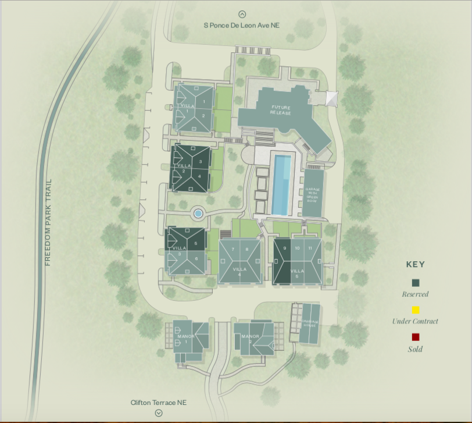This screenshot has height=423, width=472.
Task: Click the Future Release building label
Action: pos(280,109)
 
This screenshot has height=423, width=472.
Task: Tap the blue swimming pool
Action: pos(283,184)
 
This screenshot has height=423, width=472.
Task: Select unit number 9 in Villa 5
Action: pos(285,248)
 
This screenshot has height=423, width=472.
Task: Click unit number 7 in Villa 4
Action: pos(233,249)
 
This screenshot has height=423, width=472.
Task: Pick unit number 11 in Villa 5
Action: pos(310,248)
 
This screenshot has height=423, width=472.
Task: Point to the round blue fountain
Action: pos(198,214)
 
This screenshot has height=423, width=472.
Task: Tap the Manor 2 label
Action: pos(251,339)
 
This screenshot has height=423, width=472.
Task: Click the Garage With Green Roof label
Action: pos(314,194)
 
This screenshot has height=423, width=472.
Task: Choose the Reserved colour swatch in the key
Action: pos(416,283)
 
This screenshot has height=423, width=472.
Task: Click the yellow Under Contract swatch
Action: pos(416,310)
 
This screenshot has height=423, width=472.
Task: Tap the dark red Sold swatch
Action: pos(416,337)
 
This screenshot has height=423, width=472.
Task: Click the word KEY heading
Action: pos(416,264)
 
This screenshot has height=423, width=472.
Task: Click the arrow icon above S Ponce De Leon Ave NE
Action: pos(242,15)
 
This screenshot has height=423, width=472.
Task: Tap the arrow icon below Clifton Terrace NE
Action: pos(159,413)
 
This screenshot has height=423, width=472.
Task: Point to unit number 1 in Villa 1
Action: pos(204,102)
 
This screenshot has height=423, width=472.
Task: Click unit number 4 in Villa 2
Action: pos(200,176)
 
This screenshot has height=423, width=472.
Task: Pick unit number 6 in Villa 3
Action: pos(197,258)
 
